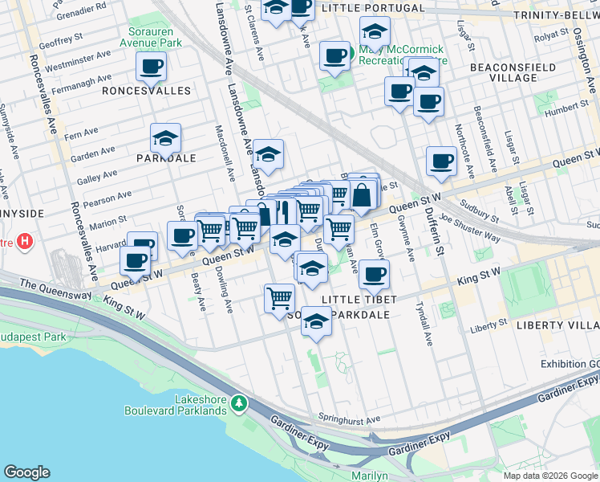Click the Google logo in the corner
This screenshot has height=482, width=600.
(x=27, y=472)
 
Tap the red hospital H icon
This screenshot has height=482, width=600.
(x=26, y=240)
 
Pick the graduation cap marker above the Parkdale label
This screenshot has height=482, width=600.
(x=165, y=137)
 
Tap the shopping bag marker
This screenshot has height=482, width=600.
(x=363, y=194)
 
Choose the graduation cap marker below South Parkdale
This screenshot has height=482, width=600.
(x=317, y=321)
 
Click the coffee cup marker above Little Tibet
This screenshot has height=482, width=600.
(x=373, y=274)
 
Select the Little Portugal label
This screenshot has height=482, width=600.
(x=372, y=8)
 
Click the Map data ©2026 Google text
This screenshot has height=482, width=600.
(x=549, y=476)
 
